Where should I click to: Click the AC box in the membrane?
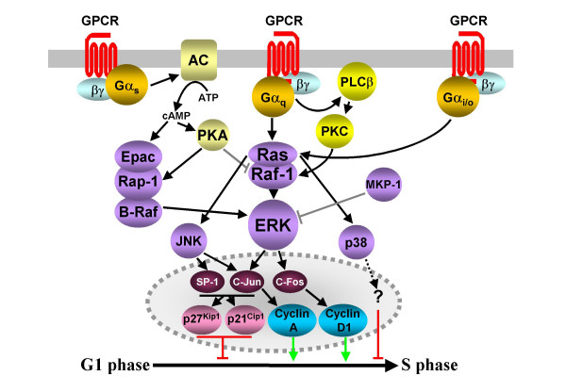coord(198,60)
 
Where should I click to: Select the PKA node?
coord(213,136)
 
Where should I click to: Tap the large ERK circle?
coord(274,225)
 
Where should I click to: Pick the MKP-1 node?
coord(383,185)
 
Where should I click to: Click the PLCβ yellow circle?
coord(357,82)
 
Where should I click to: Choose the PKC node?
coord(335,131)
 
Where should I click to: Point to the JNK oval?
coord(189,241)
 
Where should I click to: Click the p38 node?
coord(357,242)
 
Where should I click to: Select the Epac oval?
coord(139,156)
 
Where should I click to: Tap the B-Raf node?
coord(139,212)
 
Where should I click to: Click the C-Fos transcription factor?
coord(290,282)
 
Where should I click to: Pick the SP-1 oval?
coord(208,282)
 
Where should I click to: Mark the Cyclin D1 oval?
coord(343,320)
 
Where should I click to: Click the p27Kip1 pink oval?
coord(202,319)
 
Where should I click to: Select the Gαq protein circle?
coord(274,97)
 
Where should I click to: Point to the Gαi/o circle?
coord(458,97)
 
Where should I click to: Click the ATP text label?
coord(208,97)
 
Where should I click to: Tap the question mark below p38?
coord(378,297)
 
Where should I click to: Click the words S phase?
coord(429,366)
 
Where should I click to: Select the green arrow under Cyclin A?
coord(293,348)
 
